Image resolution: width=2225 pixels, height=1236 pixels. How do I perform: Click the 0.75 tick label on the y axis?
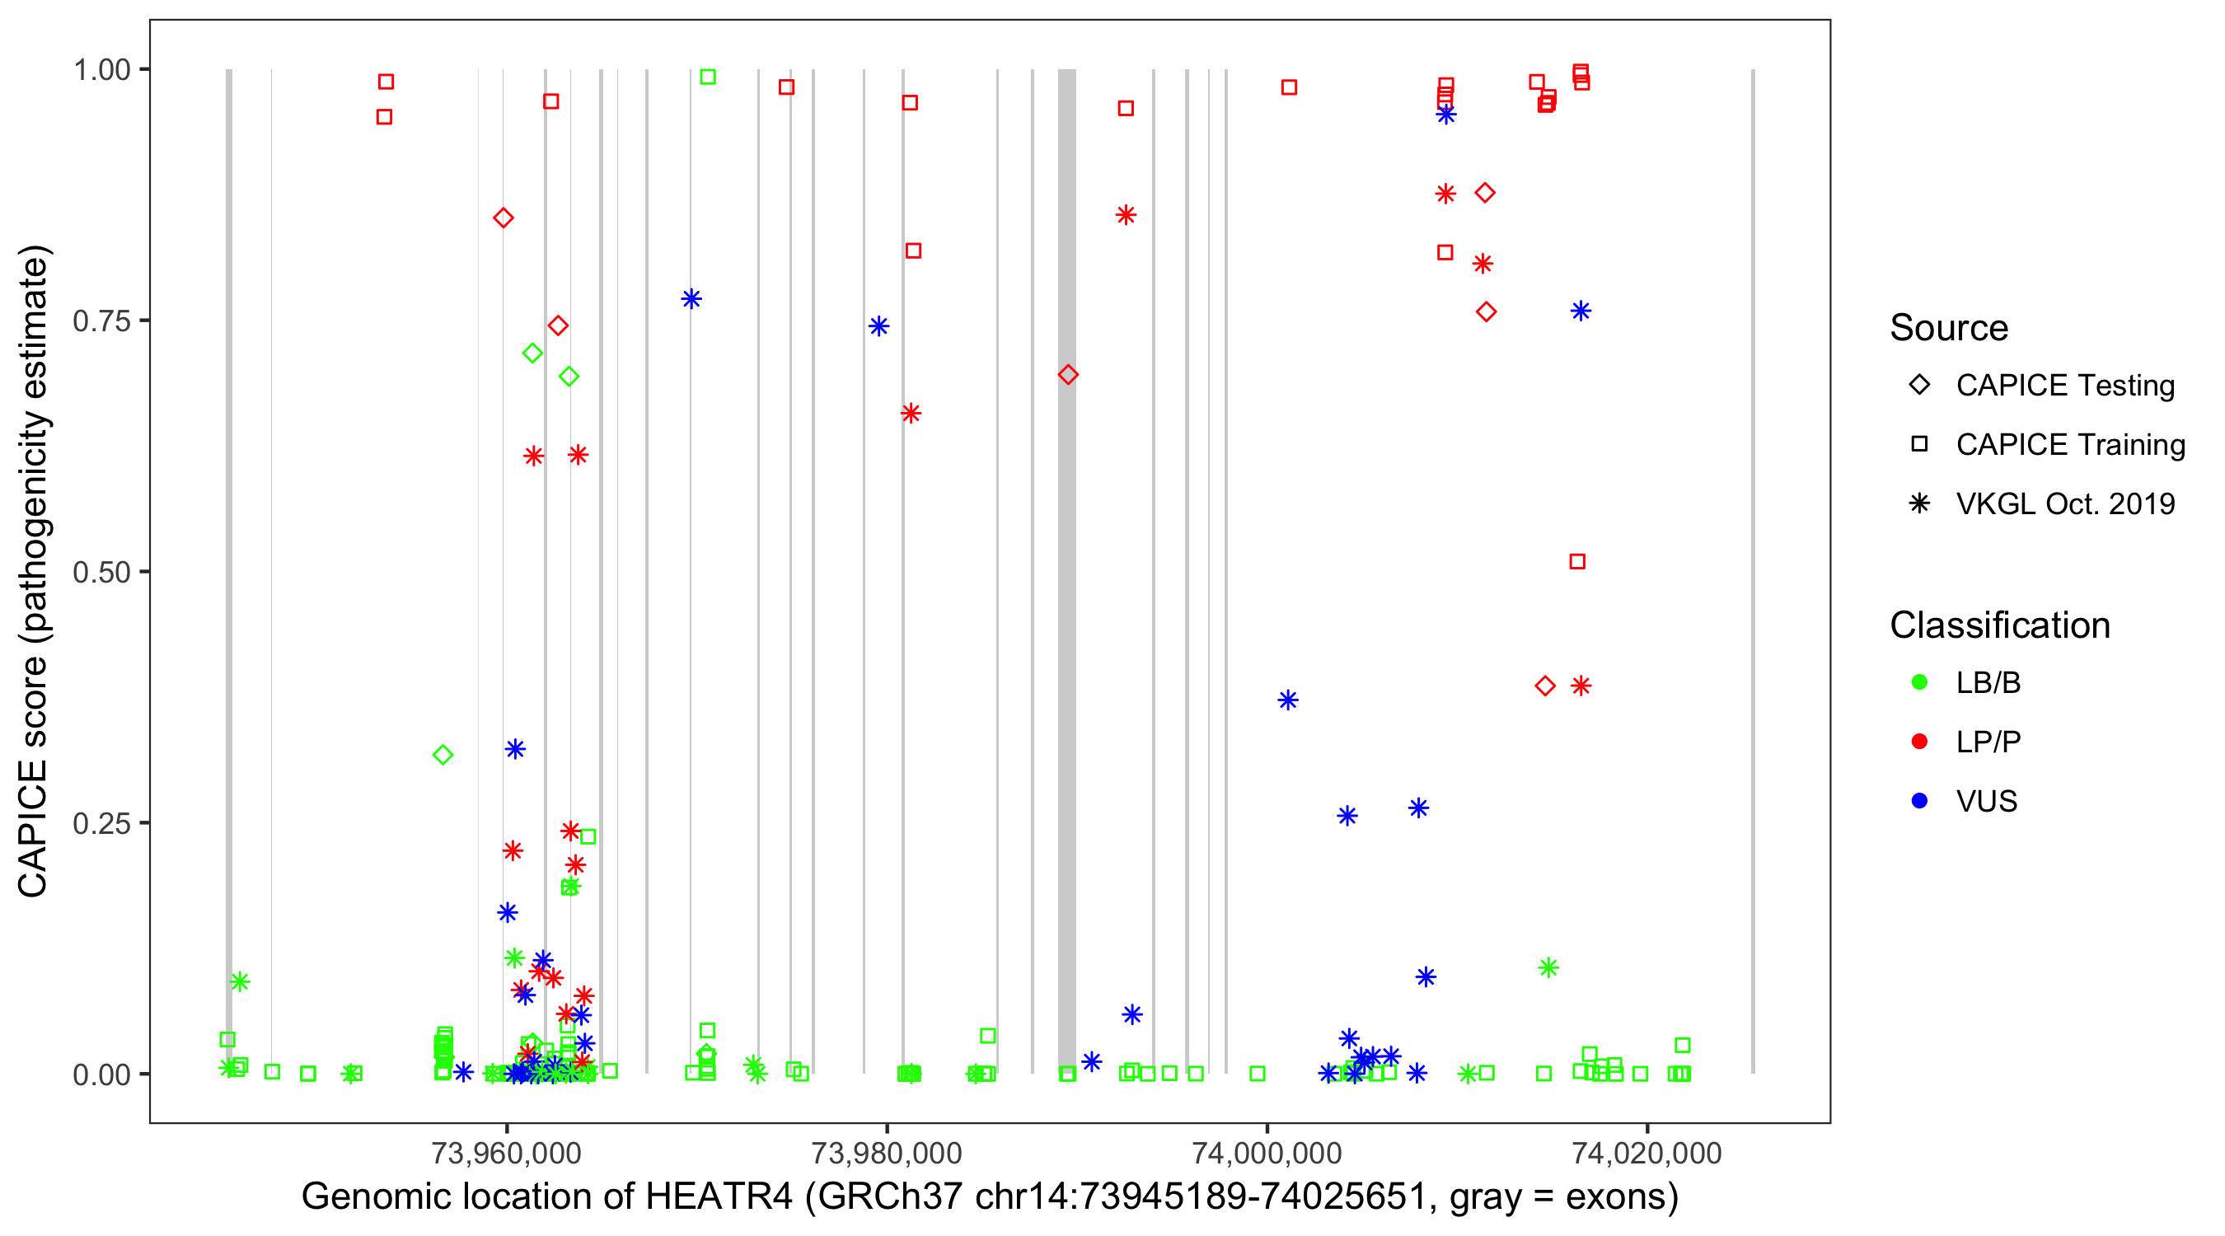tap(101, 321)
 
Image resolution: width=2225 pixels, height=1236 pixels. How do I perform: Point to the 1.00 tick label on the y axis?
tap(101, 70)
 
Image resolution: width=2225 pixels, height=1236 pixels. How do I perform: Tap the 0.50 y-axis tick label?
tap(101, 573)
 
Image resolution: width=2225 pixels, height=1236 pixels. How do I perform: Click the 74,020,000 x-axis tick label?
tap(1646, 1153)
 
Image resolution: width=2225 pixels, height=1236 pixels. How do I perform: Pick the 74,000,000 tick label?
tap(1267, 1153)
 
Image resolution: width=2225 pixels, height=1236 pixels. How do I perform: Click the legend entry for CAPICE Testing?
tap(2064, 386)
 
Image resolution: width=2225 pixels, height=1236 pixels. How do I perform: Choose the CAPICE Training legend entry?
tap(2069, 445)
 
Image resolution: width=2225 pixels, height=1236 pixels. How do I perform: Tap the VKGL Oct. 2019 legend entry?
tap(2064, 504)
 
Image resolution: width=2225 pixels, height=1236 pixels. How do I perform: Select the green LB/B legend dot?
tap(1920, 682)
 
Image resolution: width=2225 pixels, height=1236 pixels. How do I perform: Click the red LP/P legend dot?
tap(1920, 742)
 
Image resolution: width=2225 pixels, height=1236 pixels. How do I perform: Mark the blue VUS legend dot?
tap(1920, 802)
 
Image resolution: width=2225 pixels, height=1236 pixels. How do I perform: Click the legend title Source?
tap(1949, 328)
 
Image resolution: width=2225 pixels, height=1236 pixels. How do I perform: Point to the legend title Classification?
tap(1999, 625)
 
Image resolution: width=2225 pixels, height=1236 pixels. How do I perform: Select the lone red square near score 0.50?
tap(1577, 562)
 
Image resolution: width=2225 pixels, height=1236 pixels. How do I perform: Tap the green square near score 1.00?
tap(707, 77)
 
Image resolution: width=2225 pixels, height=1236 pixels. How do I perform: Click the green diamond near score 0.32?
tap(443, 756)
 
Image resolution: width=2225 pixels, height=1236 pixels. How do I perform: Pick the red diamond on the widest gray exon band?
tap(1067, 375)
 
